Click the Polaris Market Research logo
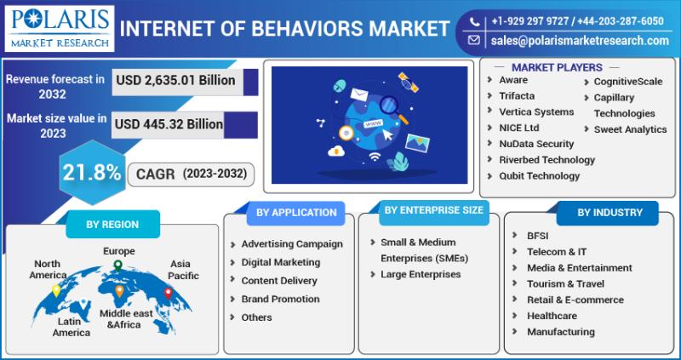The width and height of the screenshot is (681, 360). (x=60, y=29)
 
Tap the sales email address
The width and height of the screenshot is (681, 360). (x=580, y=40)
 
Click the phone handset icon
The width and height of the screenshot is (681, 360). (x=474, y=21)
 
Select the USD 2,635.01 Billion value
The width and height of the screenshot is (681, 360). (x=175, y=80)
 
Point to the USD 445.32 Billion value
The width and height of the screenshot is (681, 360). (x=169, y=124)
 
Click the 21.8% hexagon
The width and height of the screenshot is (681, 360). (x=92, y=173)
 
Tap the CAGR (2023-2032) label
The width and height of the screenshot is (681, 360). (x=191, y=174)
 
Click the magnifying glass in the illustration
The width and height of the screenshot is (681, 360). (x=393, y=109)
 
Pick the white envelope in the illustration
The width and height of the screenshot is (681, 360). (x=359, y=94)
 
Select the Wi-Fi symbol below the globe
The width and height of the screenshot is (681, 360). (x=375, y=157)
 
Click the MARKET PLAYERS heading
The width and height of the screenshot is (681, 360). (x=557, y=67)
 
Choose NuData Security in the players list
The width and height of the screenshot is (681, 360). (x=536, y=144)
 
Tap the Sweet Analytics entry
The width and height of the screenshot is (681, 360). (x=630, y=129)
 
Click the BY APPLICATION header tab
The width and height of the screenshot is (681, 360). (x=296, y=213)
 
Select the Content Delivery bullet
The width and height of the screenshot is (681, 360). (x=279, y=281)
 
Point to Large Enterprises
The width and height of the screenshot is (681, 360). (x=421, y=274)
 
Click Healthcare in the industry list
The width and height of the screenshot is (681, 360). (x=552, y=316)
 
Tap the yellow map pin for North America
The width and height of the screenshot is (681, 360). (x=56, y=290)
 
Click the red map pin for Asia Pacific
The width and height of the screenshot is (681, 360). (x=168, y=294)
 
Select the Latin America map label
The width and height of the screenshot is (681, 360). (x=72, y=327)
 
